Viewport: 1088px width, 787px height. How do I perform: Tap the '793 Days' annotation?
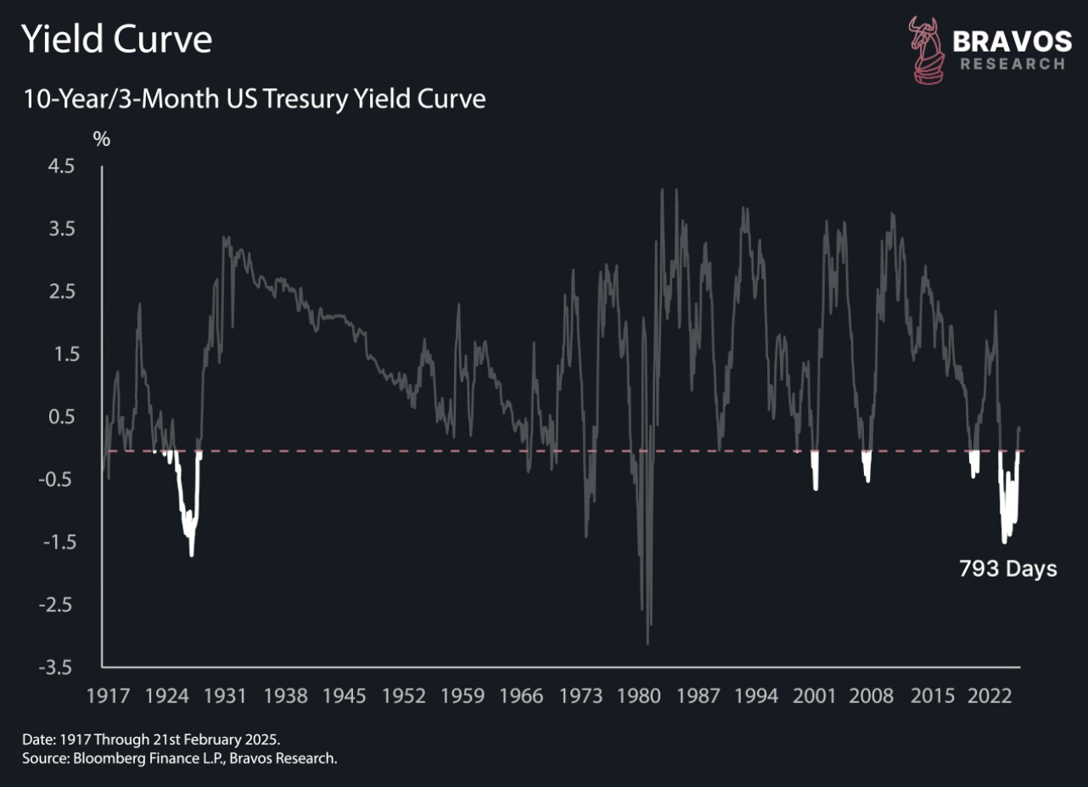pos(1008,569)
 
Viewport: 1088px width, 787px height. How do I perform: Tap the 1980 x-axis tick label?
pos(638,696)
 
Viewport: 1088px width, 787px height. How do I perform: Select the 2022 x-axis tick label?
pos(990,696)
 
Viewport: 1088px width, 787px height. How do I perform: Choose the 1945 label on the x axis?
pos(345,696)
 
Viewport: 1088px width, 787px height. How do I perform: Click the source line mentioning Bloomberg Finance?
pos(180,758)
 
